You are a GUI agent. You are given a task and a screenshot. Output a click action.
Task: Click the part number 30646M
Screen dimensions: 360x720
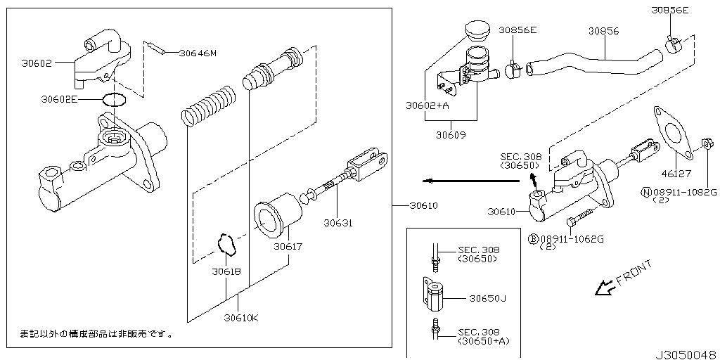[x=198, y=53]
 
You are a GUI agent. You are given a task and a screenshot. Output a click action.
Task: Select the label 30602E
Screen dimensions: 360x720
[x=59, y=100]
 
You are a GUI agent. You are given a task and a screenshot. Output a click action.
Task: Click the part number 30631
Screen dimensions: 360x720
[x=337, y=224]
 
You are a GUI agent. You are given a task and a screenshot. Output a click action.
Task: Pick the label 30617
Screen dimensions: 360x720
[x=288, y=246]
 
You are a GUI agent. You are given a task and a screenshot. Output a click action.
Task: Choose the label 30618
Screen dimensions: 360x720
[x=227, y=271]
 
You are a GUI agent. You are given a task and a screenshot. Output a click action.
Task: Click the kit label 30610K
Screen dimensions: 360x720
[x=241, y=318]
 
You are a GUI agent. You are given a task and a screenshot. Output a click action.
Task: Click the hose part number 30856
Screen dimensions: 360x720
[x=603, y=31]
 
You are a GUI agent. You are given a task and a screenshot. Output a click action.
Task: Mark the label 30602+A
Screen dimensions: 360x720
[x=427, y=107]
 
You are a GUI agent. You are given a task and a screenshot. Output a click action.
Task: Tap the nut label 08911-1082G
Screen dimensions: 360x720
[x=683, y=192]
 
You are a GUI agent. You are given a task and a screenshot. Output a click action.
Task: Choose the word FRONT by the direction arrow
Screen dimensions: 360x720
[x=634, y=273]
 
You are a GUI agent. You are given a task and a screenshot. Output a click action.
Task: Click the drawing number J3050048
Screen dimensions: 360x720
[x=686, y=354]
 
